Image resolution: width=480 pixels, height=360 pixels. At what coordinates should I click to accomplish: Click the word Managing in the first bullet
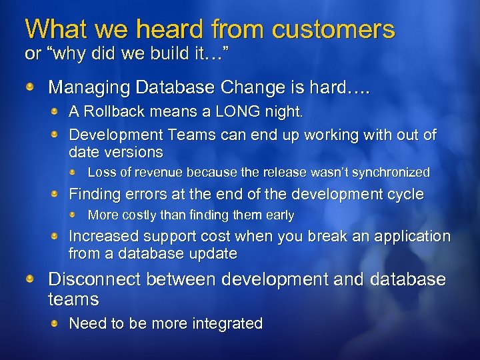pyautogui.click(x=84, y=87)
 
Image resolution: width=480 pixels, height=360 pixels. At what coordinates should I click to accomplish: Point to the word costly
pyautogui.click(x=136, y=215)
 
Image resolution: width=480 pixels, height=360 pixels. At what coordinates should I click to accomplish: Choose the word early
pyautogui.click(x=280, y=215)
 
